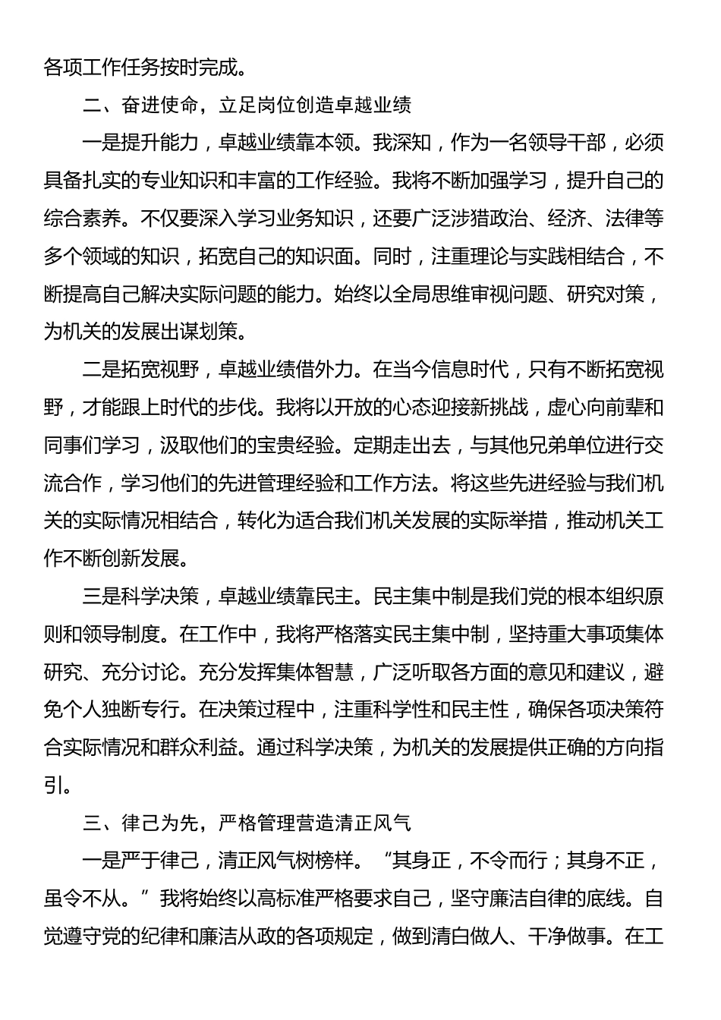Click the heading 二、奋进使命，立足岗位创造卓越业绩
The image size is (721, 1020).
click(247, 105)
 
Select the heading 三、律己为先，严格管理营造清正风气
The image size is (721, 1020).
click(247, 823)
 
